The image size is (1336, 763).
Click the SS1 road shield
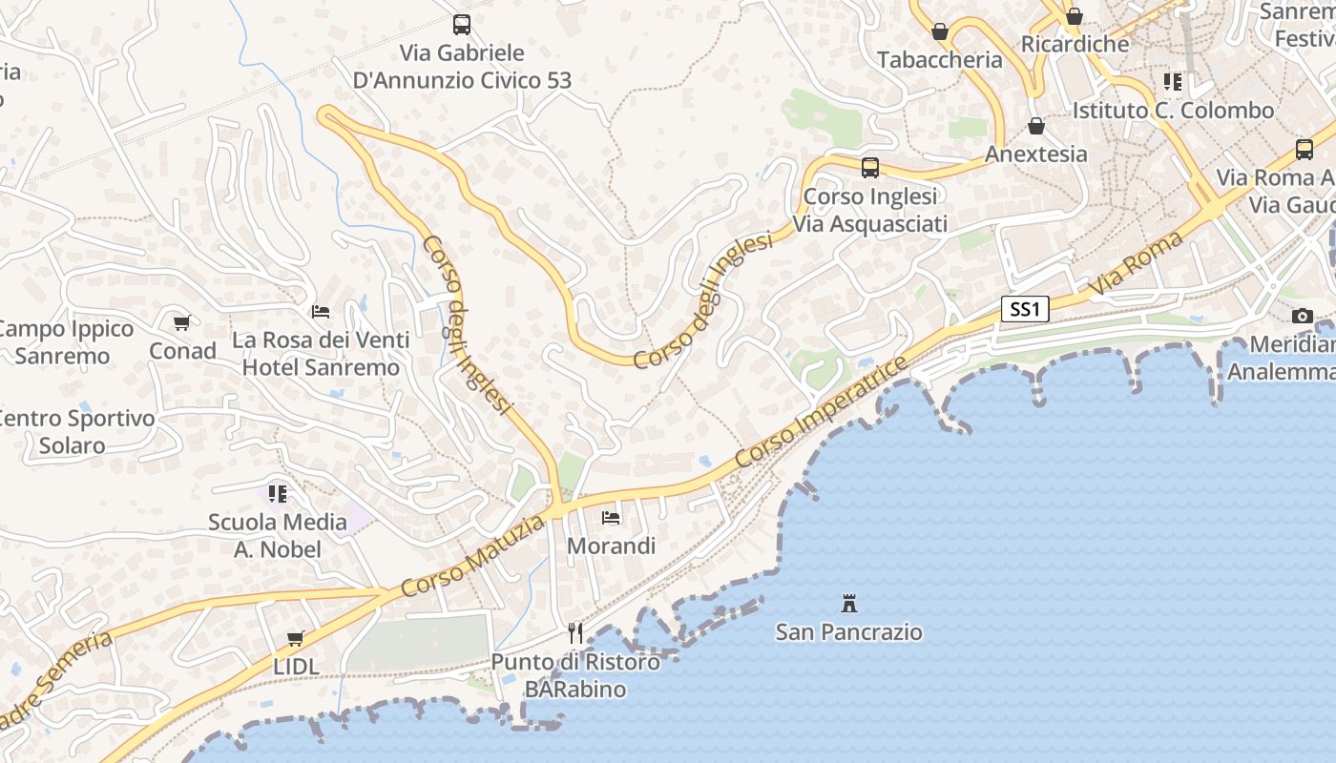point(1025,309)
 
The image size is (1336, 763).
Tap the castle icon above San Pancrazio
point(849,603)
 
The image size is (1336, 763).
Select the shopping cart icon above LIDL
point(296,638)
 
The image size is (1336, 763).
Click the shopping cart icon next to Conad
point(182,323)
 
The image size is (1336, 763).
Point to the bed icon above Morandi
point(611,518)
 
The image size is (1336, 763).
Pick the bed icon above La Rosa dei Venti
point(321,312)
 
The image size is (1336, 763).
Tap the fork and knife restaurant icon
point(574,633)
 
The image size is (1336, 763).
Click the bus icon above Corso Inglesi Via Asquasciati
point(869,168)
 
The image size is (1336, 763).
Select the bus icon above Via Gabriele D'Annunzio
point(462,25)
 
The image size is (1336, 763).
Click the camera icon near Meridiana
point(1303,316)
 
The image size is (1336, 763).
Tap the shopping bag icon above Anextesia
point(1035,126)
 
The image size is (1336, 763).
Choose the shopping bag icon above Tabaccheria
point(940,31)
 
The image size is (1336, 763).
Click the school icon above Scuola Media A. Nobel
point(278,494)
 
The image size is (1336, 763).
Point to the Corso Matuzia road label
point(474,556)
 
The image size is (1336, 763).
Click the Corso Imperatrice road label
point(820,413)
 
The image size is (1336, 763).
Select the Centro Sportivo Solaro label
point(74,431)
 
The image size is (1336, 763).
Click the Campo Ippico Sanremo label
point(65,342)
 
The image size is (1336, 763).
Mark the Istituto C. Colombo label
point(1173,110)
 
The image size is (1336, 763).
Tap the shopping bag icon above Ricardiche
point(1075,16)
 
